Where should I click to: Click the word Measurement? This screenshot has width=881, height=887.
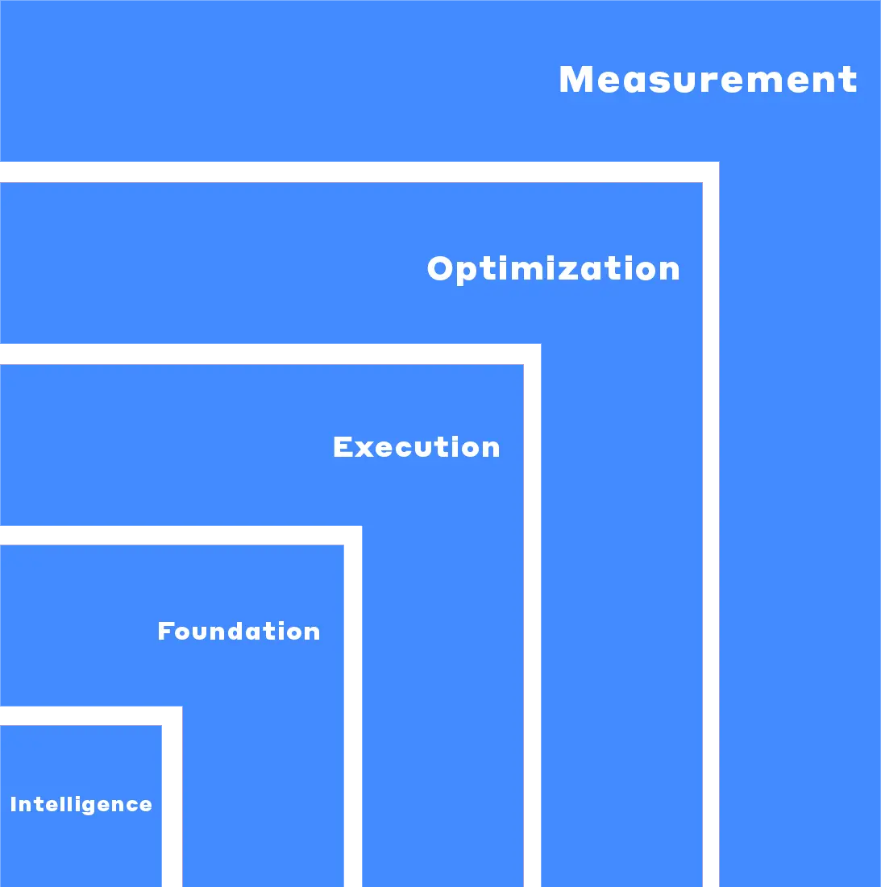click(x=708, y=80)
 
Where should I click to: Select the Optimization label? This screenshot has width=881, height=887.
click(x=553, y=269)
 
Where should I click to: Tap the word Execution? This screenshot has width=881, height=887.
click(x=416, y=447)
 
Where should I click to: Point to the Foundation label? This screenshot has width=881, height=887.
click(x=239, y=631)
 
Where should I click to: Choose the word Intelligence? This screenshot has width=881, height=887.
click(x=81, y=804)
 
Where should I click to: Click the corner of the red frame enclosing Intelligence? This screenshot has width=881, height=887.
click(x=172, y=715)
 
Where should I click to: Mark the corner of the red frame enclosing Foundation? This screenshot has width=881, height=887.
click(x=352, y=535)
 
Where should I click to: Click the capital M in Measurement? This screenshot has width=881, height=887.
click(x=576, y=80)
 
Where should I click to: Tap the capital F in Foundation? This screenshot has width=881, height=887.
click(x=165, y=631)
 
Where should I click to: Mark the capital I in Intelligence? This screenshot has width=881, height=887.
click(x=14, y=804)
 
